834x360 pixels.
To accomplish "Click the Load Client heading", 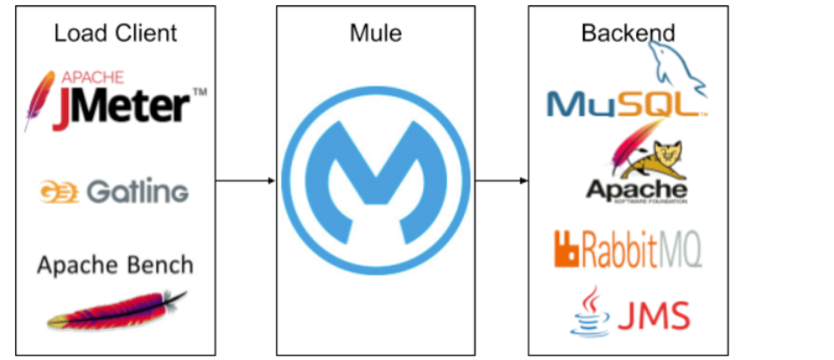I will coord(115,33).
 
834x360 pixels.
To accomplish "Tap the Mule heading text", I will coord(375,33).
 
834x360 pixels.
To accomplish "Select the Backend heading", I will coord(628,33).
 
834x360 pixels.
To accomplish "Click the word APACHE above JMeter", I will coord(92,78).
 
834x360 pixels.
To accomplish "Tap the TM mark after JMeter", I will coord(200,92).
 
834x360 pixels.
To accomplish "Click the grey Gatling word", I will coord(137,191).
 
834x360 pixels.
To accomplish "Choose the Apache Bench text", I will coord(115,265).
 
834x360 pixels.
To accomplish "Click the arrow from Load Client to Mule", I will coord(245,181).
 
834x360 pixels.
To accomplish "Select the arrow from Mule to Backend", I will coord(501,181).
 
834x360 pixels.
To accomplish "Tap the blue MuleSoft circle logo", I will coord(375,181).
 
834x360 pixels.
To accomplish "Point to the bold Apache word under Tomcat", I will coord(637,189).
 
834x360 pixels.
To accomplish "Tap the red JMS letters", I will coord(653,316).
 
